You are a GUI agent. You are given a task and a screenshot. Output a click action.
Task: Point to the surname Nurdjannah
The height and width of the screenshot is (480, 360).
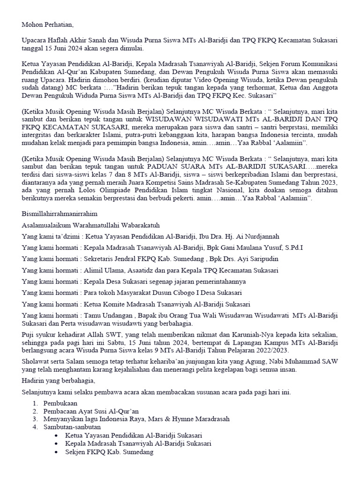tap(262, 236)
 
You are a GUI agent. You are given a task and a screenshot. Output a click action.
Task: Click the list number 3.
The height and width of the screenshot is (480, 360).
tap(35, 419)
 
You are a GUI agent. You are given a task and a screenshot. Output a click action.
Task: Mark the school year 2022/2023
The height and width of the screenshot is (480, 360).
tap(273, 350)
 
